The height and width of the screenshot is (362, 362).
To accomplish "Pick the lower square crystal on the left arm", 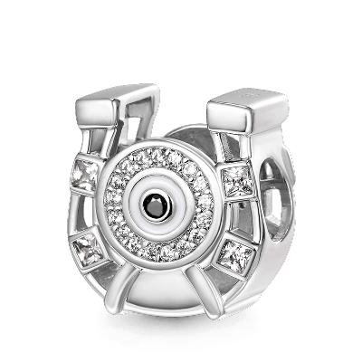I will point(90,245).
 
